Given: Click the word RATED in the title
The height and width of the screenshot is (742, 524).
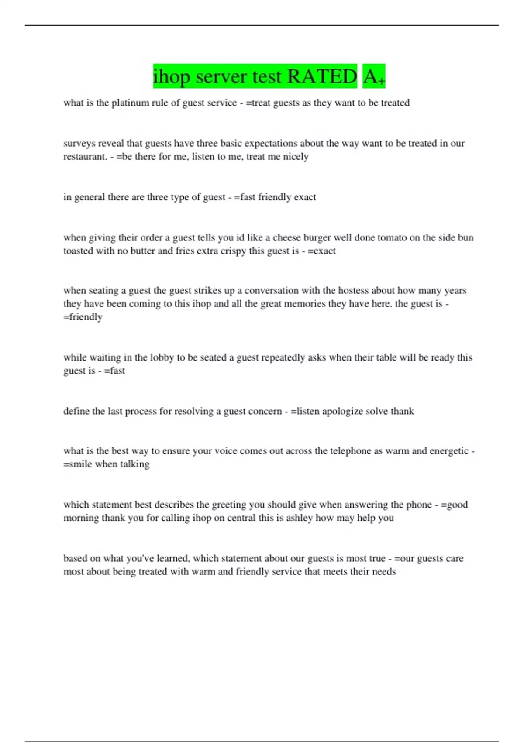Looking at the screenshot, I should (322, 77).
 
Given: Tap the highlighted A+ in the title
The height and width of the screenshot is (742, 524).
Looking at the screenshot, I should (374, 77).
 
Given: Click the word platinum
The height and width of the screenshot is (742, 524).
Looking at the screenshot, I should (130, 103).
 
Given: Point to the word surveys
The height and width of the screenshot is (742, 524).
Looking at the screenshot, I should (79, 144).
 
